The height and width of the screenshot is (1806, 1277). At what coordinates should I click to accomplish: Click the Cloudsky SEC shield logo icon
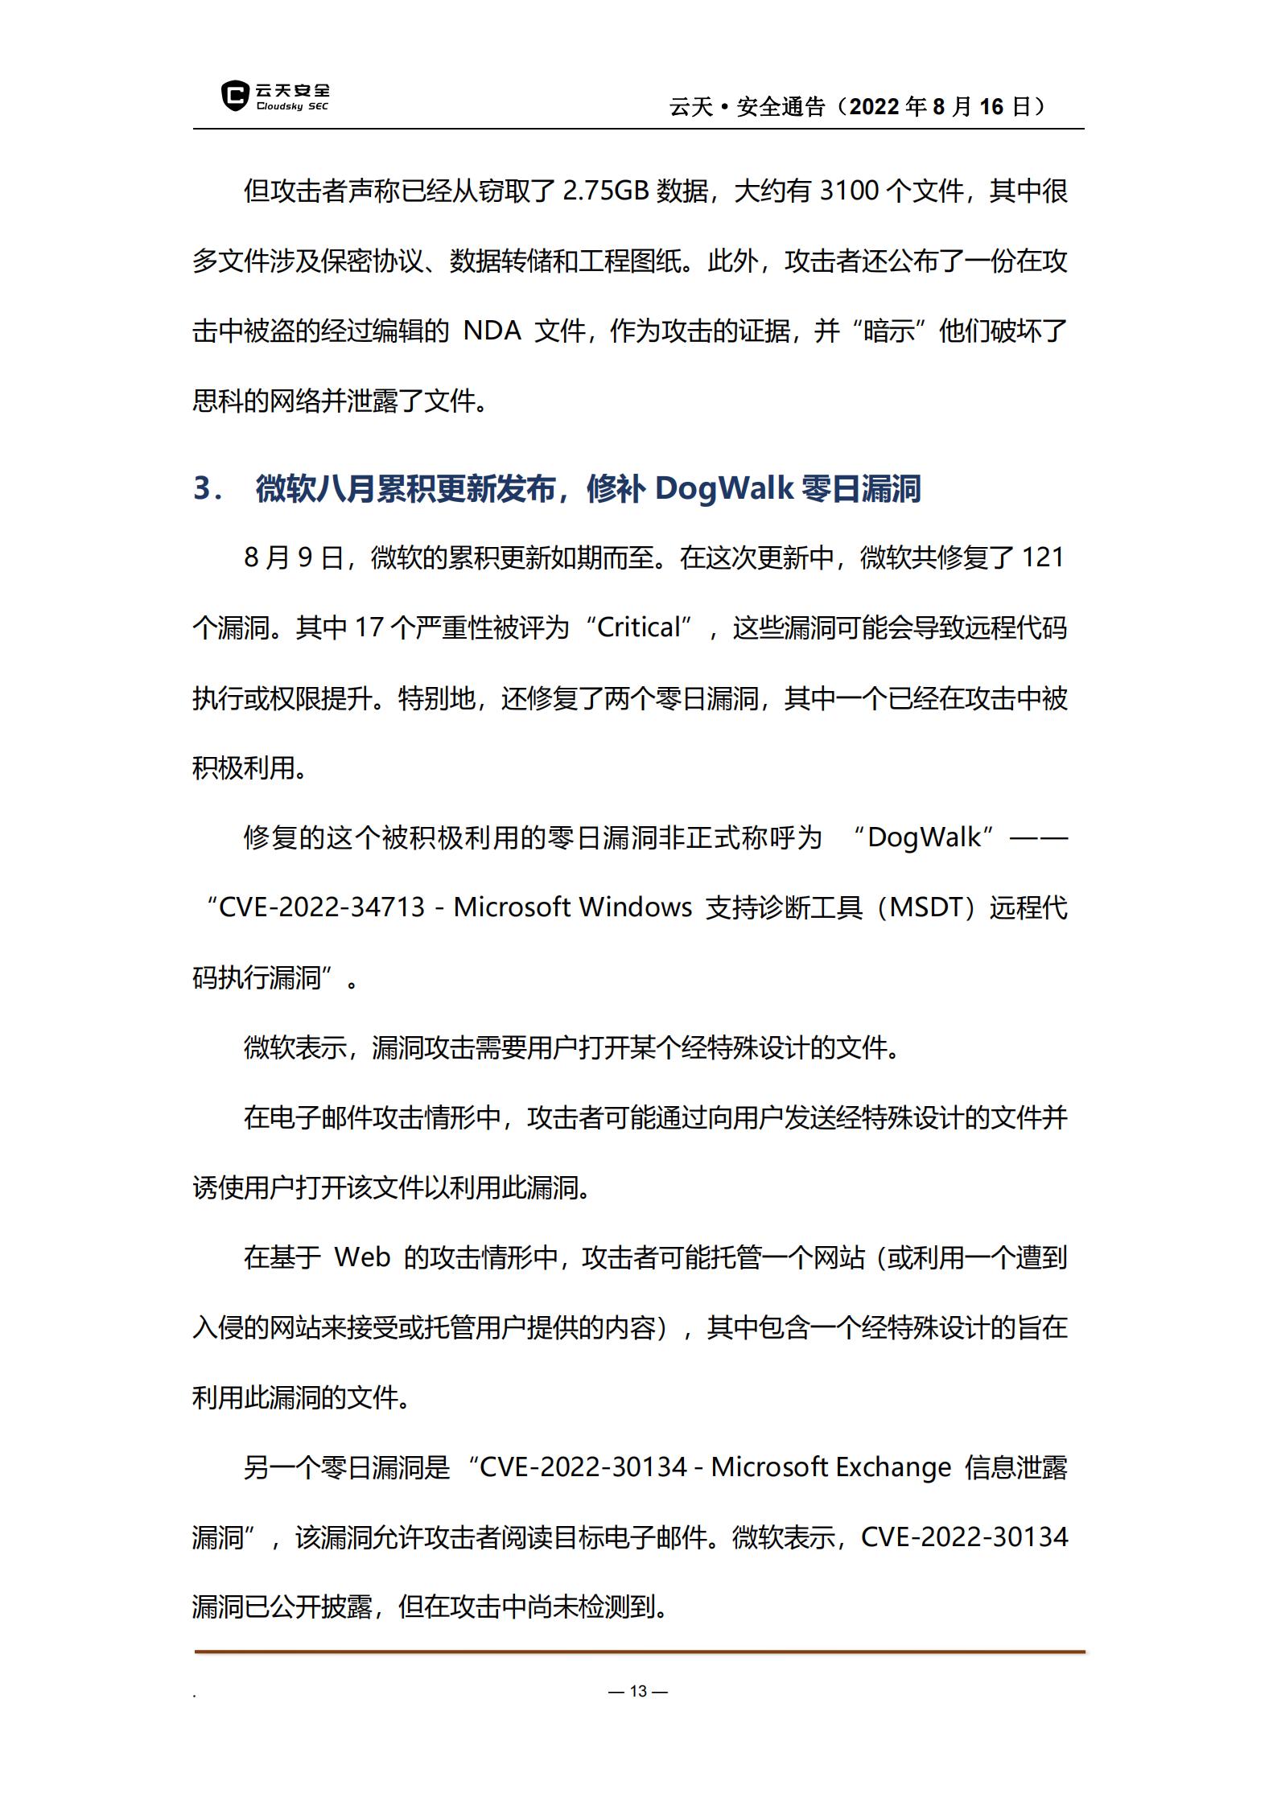click(235, 96)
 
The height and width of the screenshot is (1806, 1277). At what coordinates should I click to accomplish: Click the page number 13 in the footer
click(638, 1691)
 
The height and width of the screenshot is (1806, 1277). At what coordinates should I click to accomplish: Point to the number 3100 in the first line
click(849, 191)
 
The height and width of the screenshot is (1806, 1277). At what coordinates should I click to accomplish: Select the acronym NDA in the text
click(492, 331)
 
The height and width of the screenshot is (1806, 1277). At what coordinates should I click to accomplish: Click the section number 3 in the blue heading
click(202, 489)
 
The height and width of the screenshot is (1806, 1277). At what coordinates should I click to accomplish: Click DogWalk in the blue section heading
click(724, 488)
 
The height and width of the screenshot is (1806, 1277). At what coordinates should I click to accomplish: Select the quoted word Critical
click(640, 627)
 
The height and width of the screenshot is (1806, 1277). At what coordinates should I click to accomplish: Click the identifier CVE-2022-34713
click(322, 907)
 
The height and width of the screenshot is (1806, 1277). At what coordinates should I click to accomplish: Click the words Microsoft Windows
click(572, 907)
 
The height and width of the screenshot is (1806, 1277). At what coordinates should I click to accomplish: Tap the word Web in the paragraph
click(362, 1257)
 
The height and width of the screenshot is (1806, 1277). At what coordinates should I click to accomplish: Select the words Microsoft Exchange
click(830, 1467)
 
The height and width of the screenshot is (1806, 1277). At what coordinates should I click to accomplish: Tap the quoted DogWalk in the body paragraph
click(924, 837)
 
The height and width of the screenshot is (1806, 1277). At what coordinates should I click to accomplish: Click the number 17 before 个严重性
click(368, 627)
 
